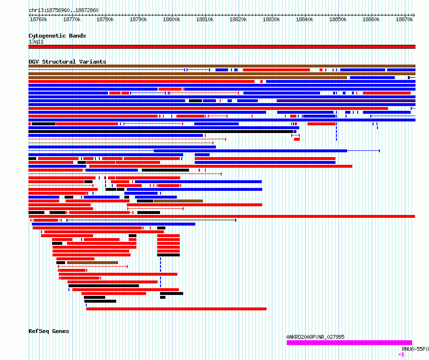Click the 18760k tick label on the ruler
pos(39,19)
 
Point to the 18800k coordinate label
pos(172,19)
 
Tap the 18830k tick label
pos(271,19)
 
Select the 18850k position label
pos(338,19)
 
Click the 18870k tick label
pos(404,19)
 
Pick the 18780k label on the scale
pos(105,19)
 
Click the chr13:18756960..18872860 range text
pos(64,11)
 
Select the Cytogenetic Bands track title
pos(57,36)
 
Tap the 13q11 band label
pos(36,41)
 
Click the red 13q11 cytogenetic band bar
pos(222,47)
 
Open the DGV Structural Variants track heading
pos(67,62)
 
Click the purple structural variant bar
pos(346,101)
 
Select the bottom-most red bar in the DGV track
pos(176,309)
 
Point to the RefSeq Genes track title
pos(49,331)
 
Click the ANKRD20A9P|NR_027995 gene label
pos(315,337)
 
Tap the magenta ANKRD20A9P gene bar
pos(349,343)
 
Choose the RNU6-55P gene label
pos(414,349)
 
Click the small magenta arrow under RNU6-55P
pos(401,355)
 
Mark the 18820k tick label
pos(238,19)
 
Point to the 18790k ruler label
pos(138,19)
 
